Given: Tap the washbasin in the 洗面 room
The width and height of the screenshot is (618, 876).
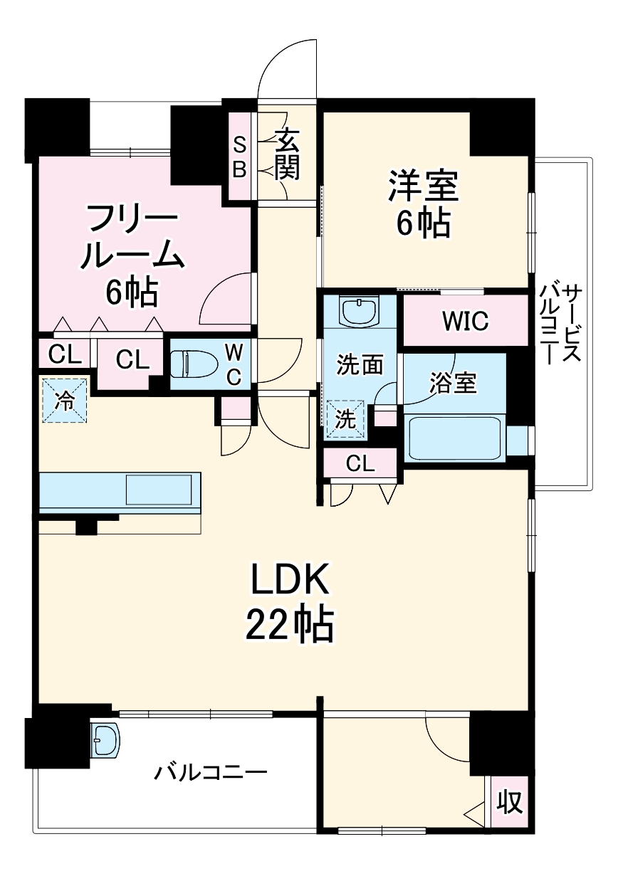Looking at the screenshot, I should tap(359, 310).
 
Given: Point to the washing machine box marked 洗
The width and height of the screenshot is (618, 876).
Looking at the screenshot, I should tap(345, 418).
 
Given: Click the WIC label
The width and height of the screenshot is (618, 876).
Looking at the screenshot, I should tap(465, 321).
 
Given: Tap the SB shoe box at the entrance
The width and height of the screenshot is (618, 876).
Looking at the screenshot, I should tap(240, 157).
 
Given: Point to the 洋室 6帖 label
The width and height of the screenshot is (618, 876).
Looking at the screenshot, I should tap(423, 205).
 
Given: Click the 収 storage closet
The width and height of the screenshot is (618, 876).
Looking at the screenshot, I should tap(510, 803).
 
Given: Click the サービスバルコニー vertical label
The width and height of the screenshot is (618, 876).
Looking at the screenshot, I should tap(562, 324).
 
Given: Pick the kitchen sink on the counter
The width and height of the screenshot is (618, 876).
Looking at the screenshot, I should tap(159, 490).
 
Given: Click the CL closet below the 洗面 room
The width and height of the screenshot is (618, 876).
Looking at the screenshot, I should tap(360, 464).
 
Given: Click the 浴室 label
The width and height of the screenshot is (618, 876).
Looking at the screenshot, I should tap(453, 383).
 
